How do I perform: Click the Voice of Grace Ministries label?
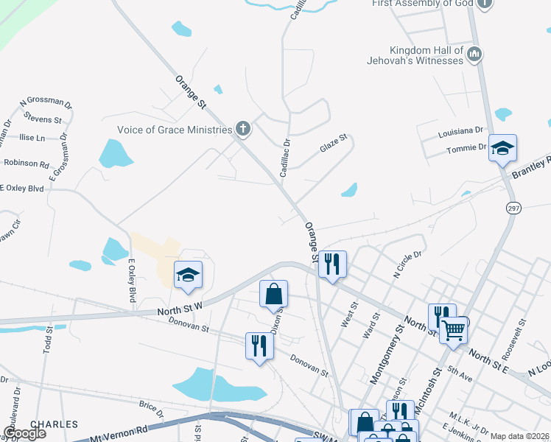(x=175, y=130)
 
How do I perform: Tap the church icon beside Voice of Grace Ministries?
(x=243, y=130)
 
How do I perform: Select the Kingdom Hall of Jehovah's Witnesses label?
(x=427, y=55)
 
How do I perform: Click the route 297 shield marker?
(x=513, y=208)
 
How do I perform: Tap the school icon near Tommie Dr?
(x=502, y=150)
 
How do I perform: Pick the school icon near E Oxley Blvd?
(x=188, y=276)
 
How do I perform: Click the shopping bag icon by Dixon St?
(x=273, y=295)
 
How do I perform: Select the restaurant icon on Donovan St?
(x=259, y=345)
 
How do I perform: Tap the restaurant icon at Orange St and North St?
(x=332, y=263)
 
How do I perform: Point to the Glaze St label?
(x=333, y=144)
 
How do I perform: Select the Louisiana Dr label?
(x=460, y=130)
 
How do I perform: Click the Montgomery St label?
(x=387, y=358)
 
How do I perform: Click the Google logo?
(x=24, y=433)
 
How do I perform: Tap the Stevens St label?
(x=43, y=119)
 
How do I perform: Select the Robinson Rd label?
(x=27, y=164)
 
